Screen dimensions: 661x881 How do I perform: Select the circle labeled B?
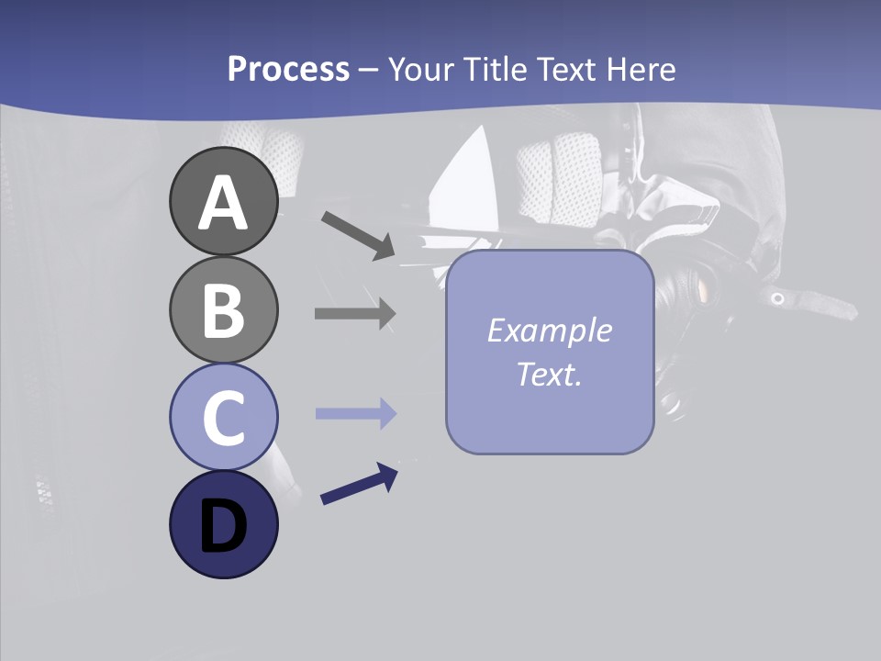[223, 309]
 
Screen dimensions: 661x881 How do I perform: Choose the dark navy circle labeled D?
[223, 524]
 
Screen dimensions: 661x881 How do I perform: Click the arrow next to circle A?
[358, 235]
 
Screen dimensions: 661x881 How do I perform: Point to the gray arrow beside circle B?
[354, 313]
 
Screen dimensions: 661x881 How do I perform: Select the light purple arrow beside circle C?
[354, 414]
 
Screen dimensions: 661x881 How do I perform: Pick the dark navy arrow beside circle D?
[359, 485]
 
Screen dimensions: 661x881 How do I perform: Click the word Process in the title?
[288, 69]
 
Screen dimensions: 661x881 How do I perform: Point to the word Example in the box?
[549, 330]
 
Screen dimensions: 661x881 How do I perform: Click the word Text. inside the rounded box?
[549, 374]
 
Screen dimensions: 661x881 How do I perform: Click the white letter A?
[223, 203]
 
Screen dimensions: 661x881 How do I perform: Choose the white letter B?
[223, 311]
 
